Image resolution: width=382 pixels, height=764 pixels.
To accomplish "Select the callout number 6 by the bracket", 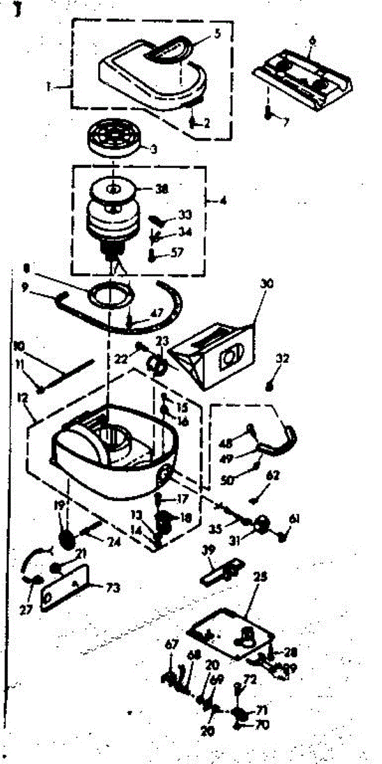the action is click(312, 39).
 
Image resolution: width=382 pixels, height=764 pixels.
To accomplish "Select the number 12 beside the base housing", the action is click(24, 399).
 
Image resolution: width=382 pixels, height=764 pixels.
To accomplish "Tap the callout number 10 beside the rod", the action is click(20, 346).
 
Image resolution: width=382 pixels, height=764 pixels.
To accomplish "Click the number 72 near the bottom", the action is click(250, 679).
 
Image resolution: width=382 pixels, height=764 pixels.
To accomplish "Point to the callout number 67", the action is click(171, 645).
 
